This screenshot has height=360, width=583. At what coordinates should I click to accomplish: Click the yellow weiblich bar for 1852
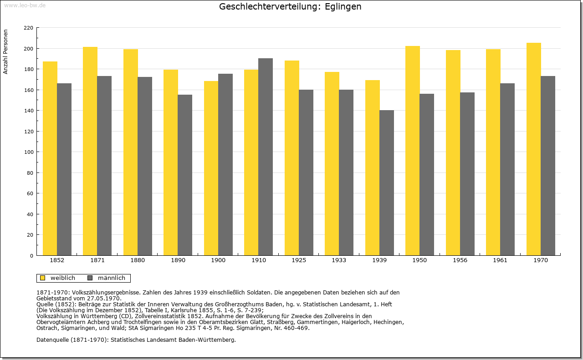coord(50,158)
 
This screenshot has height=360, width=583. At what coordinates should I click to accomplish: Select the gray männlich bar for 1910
coord(266,157)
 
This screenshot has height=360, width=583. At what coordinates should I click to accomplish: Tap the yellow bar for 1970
coord(533,149)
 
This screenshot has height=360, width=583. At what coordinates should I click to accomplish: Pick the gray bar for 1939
coord(387,183)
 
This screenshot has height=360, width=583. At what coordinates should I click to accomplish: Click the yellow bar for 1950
coord(413,151)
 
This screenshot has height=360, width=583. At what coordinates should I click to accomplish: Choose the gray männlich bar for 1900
coord(225,165)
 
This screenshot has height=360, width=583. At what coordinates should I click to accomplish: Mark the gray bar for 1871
coord(104,166)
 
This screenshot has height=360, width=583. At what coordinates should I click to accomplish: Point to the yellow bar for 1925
coord(292,158)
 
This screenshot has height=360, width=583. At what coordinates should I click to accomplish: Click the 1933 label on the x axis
coord(339,260)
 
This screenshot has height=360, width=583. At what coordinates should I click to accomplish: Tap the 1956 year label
coord(460,260)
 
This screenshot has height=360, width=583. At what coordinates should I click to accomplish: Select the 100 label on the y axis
coord(28,152)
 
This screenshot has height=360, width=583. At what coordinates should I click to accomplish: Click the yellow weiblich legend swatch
coord(42,278)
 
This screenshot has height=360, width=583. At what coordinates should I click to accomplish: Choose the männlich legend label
coord(112,278)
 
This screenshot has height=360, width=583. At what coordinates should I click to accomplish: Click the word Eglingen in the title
coord(343,7)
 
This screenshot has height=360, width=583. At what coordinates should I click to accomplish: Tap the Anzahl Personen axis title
coord(5,52)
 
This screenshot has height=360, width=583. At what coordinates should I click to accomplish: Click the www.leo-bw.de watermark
coord(25,5)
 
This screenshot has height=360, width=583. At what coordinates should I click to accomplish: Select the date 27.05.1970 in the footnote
coord(103,299)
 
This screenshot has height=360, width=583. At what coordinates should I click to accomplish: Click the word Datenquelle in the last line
coord(52,340)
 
